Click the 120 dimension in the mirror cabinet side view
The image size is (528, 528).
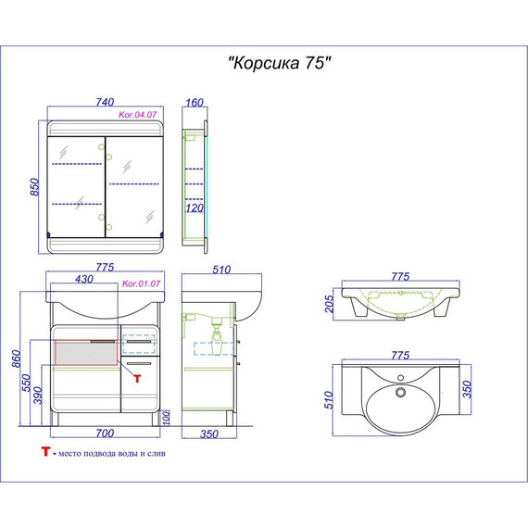tap(195, 209)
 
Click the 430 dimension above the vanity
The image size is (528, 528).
tap(84, 278)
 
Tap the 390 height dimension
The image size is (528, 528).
tap(38, 396)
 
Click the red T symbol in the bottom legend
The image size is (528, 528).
tap(44, 454)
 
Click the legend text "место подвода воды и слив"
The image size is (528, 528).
tap(117, 455)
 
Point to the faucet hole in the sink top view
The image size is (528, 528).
tap(402, 378)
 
